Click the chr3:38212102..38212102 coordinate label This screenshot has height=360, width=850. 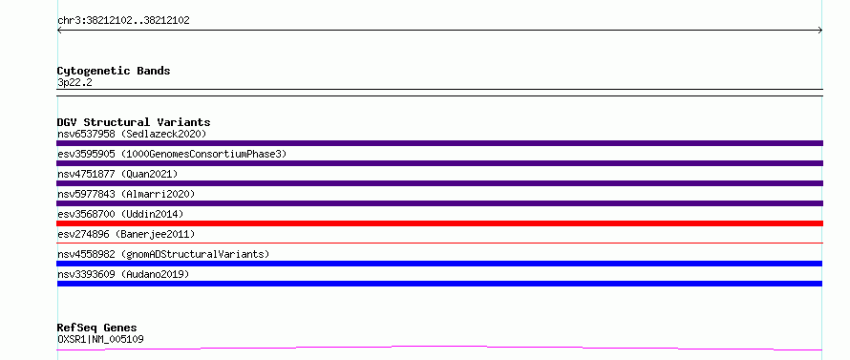coord(123,21)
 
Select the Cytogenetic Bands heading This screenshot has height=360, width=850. coord(114,71)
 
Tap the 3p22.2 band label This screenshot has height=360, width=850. coord(74,82)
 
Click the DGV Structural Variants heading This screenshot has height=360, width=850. coord(134,122)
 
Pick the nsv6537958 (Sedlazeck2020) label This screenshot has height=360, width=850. coord(132,134)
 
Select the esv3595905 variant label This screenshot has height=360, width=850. coord(172,154)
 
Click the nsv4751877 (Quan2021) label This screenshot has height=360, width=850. coord(117,174)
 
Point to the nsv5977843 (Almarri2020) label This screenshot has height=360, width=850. coord(126,194)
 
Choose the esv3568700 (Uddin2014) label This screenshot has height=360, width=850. coord(120,214)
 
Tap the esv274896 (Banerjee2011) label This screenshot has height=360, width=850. coord(126,234)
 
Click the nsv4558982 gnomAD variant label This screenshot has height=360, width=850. coord(163,254)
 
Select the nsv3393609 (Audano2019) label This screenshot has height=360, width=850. coord(123,274)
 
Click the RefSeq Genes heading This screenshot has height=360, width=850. coord(97,328)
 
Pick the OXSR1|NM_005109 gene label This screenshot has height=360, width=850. coord(100,339)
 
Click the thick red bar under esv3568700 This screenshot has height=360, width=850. coord(439,223)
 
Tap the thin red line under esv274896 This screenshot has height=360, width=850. coord(439,243)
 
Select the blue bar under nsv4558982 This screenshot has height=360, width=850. coord(439,264)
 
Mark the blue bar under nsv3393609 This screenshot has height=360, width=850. coord(439,284)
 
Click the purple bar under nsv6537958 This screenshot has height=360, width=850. coord(439,143)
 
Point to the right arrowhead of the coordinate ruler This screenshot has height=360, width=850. coord(820,31)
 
